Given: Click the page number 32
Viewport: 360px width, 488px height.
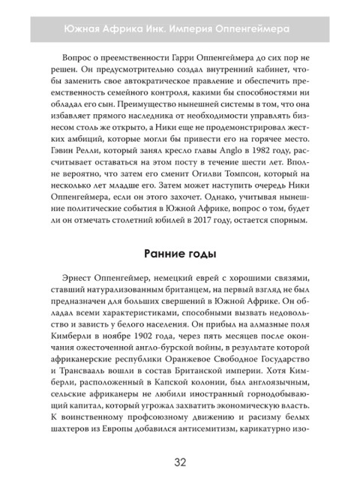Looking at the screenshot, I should pos(180,462).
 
